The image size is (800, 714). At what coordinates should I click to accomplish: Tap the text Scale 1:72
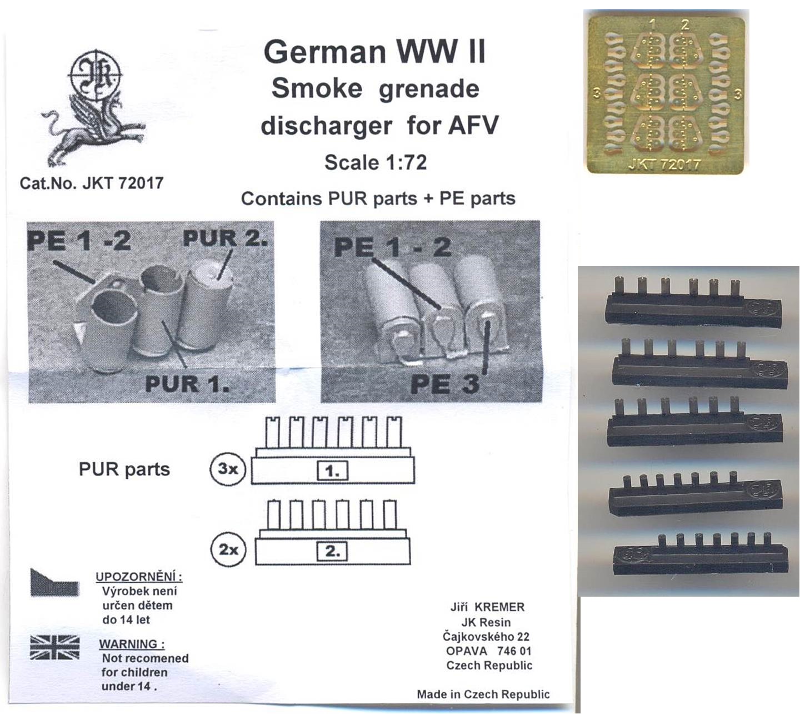[376, 162]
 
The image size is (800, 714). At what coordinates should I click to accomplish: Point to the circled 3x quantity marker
[228, 469]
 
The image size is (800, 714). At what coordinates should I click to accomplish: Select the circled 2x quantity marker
[228, 549]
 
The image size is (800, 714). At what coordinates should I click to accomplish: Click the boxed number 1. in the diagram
[332, 471]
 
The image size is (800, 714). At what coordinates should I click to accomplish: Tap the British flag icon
[55, 648]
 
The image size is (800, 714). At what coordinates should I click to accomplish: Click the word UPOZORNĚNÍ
[139, 577]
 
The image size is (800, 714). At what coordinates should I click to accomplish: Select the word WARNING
[132, 644]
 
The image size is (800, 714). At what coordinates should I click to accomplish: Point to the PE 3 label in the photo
[444, 383]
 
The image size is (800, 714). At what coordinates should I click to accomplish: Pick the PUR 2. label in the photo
[226, 238]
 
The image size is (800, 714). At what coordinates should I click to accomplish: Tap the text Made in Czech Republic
[483, 694]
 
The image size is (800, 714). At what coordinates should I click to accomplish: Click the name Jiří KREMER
[487, 607]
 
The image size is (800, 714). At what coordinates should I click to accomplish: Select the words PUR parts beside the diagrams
[124, 469]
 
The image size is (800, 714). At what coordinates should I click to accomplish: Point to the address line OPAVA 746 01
[488, 651]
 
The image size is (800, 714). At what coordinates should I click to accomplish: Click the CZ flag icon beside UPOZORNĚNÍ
[55, 582]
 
